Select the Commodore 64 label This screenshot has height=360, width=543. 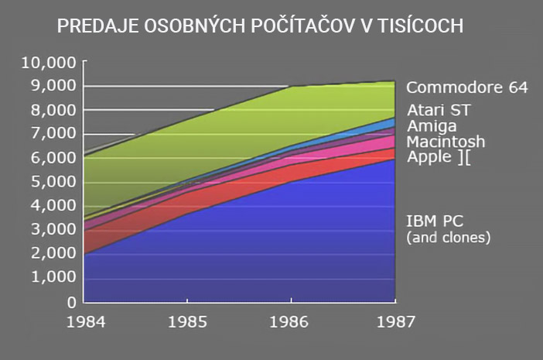click(467, 87)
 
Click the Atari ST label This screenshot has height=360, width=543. click(438, 109)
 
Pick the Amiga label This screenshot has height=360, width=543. click(432, 125)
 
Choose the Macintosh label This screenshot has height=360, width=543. click(446, 142)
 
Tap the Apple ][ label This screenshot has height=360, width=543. click(439, 157)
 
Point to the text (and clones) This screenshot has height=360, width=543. click(449, 238)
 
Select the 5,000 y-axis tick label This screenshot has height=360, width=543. click(54, 182)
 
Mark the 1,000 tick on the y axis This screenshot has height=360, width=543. click(54, 277)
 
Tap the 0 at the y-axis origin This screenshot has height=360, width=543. click(70, 302)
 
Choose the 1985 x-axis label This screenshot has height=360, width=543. click(186, 320)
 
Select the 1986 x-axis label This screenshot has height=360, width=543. click(290, 320)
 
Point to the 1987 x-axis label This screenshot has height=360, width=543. click(395, 320)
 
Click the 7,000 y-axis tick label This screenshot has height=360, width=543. click(54, 134)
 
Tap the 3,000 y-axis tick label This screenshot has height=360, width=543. click(54, 229)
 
